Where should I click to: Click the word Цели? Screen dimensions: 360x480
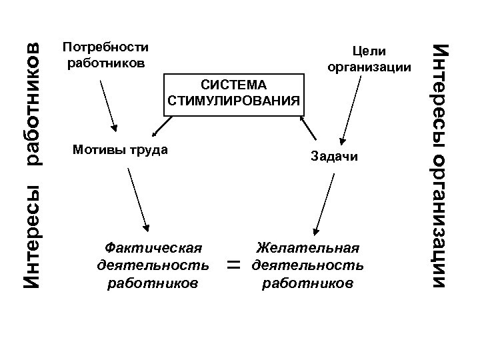click(x=369, y=51)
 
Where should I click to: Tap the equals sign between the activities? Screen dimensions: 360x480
click(x=233, y=265)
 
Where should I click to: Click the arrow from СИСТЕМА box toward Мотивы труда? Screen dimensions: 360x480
click(x=159, y=126)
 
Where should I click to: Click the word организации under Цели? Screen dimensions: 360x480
click(x=369, y=67)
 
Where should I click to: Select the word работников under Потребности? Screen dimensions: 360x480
click(x=105, y=63)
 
